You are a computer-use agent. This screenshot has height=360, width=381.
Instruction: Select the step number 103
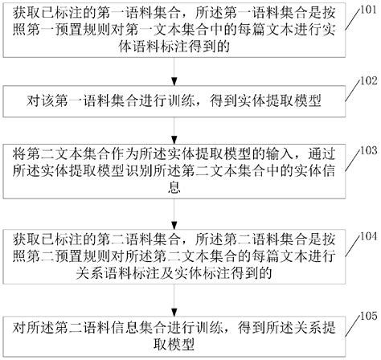367,149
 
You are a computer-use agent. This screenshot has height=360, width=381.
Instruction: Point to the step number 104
367,235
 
